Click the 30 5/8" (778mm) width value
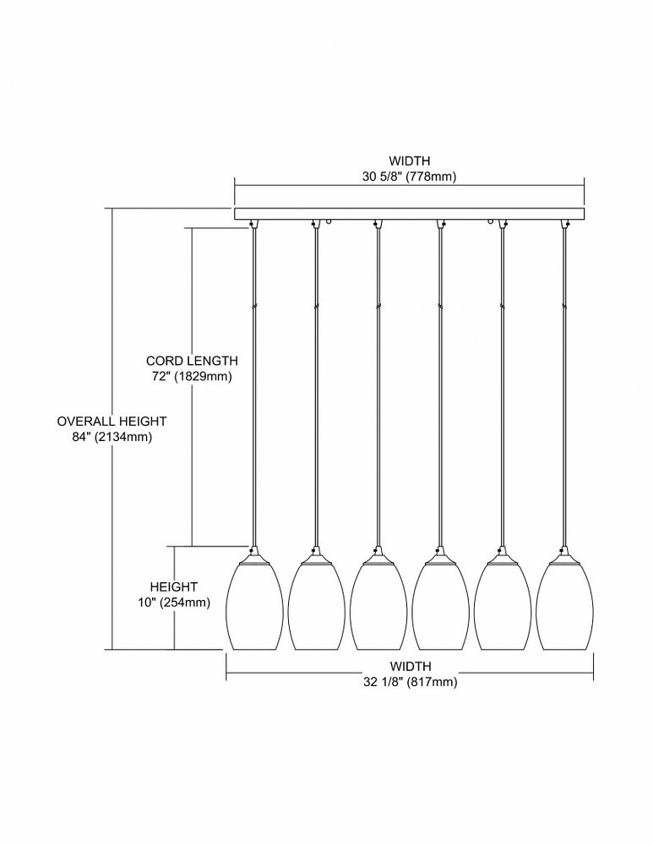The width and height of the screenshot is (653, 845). click(410, 177)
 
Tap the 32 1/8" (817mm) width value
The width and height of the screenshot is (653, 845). click(410, 682)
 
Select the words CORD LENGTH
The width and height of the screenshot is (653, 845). click(192, 361)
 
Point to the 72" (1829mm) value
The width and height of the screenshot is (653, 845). click(192, 377)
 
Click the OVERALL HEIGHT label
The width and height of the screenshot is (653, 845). click(112, 421)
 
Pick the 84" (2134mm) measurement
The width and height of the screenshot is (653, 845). click(112, 437)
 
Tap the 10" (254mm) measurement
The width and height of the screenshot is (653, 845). click(173, 602)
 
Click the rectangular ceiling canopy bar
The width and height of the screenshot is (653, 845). click(410, 214)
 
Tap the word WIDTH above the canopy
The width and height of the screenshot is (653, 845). click(410, 161)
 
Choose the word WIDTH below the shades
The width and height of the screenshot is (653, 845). click(411, 666)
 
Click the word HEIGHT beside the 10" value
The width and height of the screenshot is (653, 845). click(173, 586)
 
